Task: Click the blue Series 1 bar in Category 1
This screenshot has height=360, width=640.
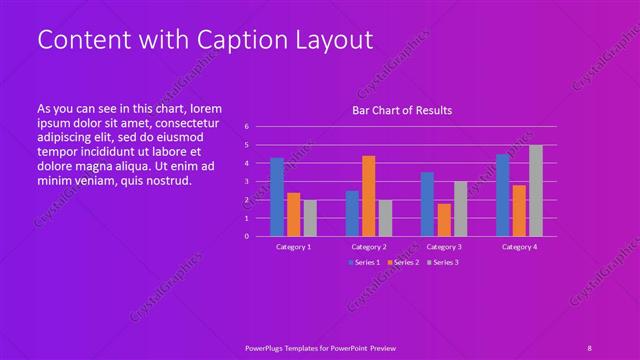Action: [277, 197]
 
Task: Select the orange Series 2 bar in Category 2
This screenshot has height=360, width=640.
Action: [369, 196]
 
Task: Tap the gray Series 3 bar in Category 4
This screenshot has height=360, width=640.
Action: [536, 191]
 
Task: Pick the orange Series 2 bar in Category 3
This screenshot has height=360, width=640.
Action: [444, 220]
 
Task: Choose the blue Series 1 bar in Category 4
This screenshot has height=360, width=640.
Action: [503, 196]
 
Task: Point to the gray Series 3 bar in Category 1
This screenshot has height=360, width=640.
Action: [310, 218]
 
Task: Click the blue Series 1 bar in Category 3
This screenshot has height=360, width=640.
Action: [428, 204]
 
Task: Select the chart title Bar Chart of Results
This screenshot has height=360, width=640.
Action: [403, 110]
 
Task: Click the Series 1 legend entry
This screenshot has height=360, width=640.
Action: [363, 262]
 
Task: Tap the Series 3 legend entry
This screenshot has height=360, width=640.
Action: [442, 262]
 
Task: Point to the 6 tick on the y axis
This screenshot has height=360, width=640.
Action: [246, 127]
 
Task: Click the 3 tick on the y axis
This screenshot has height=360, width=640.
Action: [246, 182]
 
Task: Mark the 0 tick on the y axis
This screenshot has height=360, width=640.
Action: [246, 237]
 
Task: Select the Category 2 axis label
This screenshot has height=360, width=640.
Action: [369, 246]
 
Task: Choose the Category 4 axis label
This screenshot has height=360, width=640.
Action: [520, 246]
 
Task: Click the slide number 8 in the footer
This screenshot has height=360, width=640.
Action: [590, 346]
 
